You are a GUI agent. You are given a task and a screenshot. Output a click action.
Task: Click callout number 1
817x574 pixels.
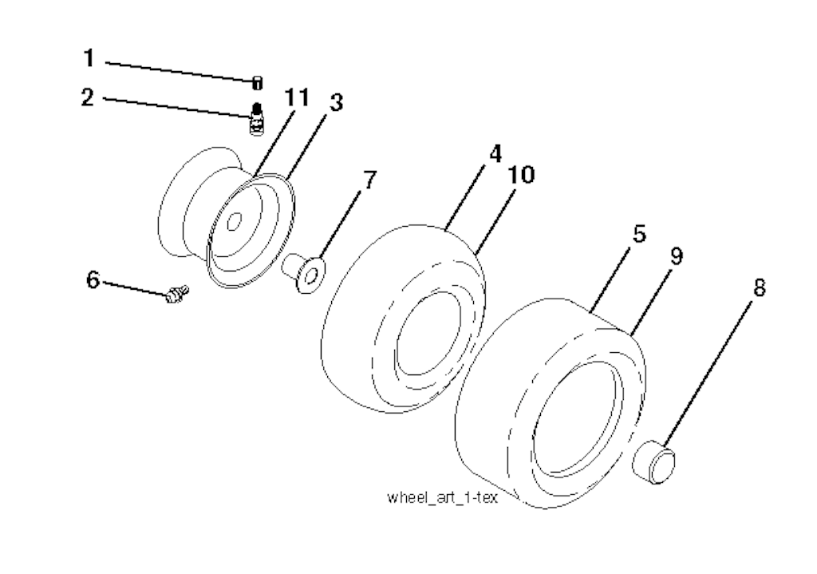point(89,57)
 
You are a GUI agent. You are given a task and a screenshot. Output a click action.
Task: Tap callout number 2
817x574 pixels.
point(88,97)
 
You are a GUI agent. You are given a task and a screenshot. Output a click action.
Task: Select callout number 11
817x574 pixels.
point(298,98)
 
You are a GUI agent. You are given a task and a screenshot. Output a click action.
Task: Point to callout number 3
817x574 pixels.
point(337,102)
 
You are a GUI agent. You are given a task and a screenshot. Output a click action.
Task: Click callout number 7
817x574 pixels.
point(369,180)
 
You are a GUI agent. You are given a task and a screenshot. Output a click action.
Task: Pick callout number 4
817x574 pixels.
point(495,154)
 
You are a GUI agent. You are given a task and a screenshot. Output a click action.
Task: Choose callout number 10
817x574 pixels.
point(521,175)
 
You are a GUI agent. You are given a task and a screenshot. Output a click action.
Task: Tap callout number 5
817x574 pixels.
point(639,234)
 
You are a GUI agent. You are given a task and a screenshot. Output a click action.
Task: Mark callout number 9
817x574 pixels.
point(676,255)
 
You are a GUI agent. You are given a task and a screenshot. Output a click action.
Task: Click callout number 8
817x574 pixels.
point(760,287)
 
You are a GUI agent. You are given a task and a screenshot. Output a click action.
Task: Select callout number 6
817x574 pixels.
point(93,280)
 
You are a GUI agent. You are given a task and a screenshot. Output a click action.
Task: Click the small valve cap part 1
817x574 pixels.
point(257,82)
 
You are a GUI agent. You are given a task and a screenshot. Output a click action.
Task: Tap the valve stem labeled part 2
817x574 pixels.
point(256,119)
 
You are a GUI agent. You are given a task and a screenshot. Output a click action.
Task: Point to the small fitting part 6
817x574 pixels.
point(177,294)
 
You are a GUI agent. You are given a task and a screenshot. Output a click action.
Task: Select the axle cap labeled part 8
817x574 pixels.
point(654,461)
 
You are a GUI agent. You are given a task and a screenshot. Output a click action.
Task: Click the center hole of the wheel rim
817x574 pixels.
point(234,222)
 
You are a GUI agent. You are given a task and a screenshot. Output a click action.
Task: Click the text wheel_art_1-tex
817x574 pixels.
point(442,497)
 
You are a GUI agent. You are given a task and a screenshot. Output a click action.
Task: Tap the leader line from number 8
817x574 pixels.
point(708,373)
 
